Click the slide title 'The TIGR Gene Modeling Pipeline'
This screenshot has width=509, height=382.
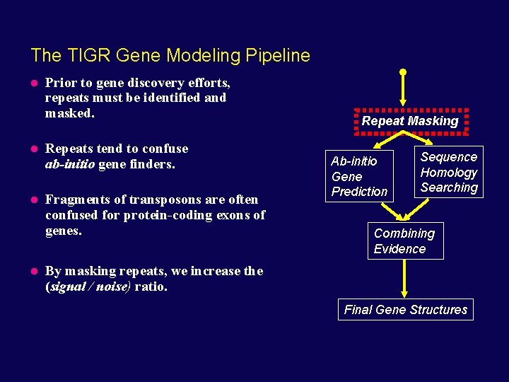pos(170,55)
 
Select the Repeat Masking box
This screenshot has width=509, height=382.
pos(410,121)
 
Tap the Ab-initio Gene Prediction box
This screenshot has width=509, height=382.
pos(359,176)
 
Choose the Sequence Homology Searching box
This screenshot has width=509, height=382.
pos(449,172)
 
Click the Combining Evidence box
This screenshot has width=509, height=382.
pos(404,241)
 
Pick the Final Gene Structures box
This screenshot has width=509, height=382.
pos(406,310)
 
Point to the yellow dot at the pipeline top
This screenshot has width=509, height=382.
pos(403,72)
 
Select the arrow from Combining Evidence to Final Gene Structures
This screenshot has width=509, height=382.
pos(404,277)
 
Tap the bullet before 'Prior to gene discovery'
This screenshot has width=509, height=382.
pos(34,83)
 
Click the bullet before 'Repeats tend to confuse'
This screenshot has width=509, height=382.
pos(34,149)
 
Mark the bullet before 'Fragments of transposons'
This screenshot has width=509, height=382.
pos(34,200)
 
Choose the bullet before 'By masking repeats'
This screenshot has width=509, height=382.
pos(34,271)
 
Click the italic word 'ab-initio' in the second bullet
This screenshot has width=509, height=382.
pos(69,164)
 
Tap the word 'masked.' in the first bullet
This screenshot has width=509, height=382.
pos(69,113)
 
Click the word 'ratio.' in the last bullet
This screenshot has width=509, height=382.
pos(151,286)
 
